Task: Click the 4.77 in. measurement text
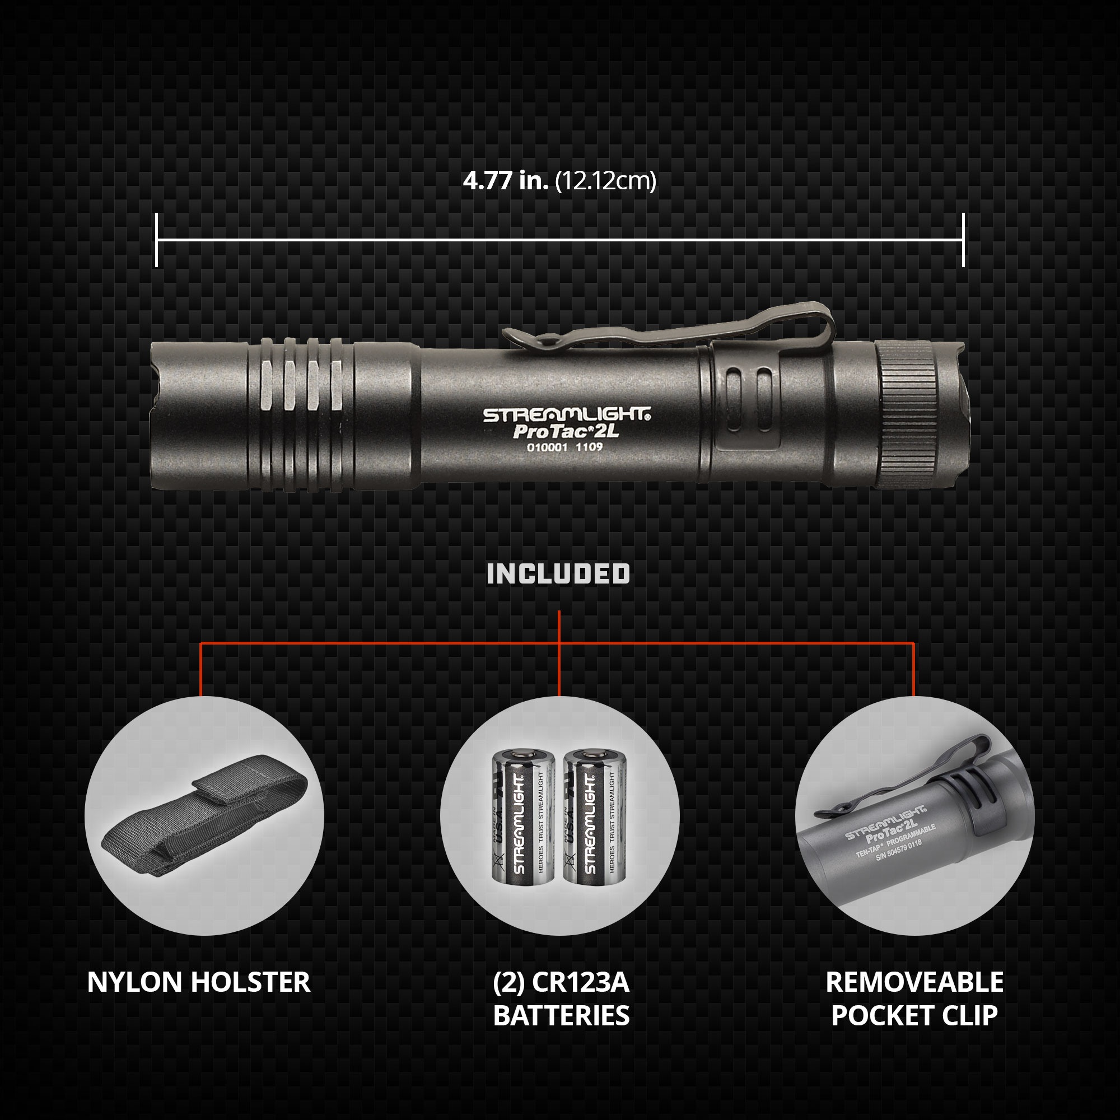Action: [505, 181]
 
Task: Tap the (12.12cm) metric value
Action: [606, 181]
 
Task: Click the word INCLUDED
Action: [558, 574]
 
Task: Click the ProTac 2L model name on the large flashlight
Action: [555, 431]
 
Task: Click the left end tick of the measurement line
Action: [157, 240]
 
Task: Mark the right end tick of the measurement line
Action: [963, 240]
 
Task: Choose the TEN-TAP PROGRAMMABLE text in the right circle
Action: [895, 842]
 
